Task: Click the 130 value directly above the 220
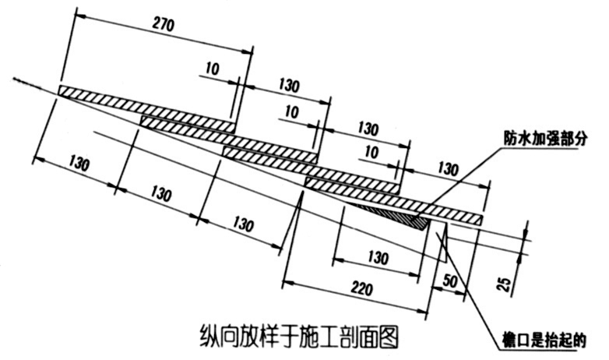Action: pos(378,256)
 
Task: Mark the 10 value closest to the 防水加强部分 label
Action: pos(371,150)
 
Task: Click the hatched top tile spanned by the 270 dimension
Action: pos(148,108)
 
